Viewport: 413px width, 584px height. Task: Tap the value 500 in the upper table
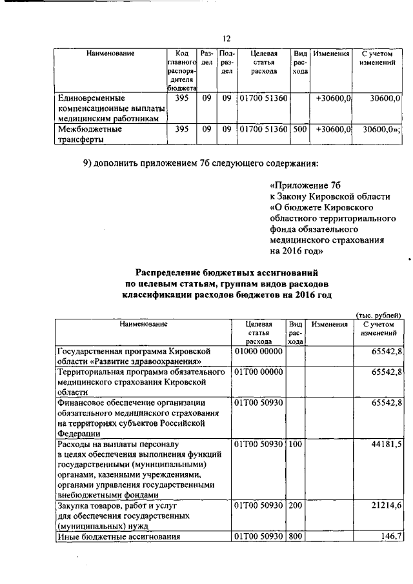(299, 129)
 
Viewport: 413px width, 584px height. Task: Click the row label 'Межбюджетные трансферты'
(86, 134)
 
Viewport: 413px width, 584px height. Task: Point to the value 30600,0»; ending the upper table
(381, 129)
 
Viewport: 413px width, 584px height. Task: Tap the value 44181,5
(386, 445)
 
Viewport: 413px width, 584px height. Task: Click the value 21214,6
(386, 507)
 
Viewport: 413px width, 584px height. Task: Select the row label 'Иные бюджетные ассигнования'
(118, 537)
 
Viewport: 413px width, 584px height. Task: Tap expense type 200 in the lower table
(296, 507)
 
